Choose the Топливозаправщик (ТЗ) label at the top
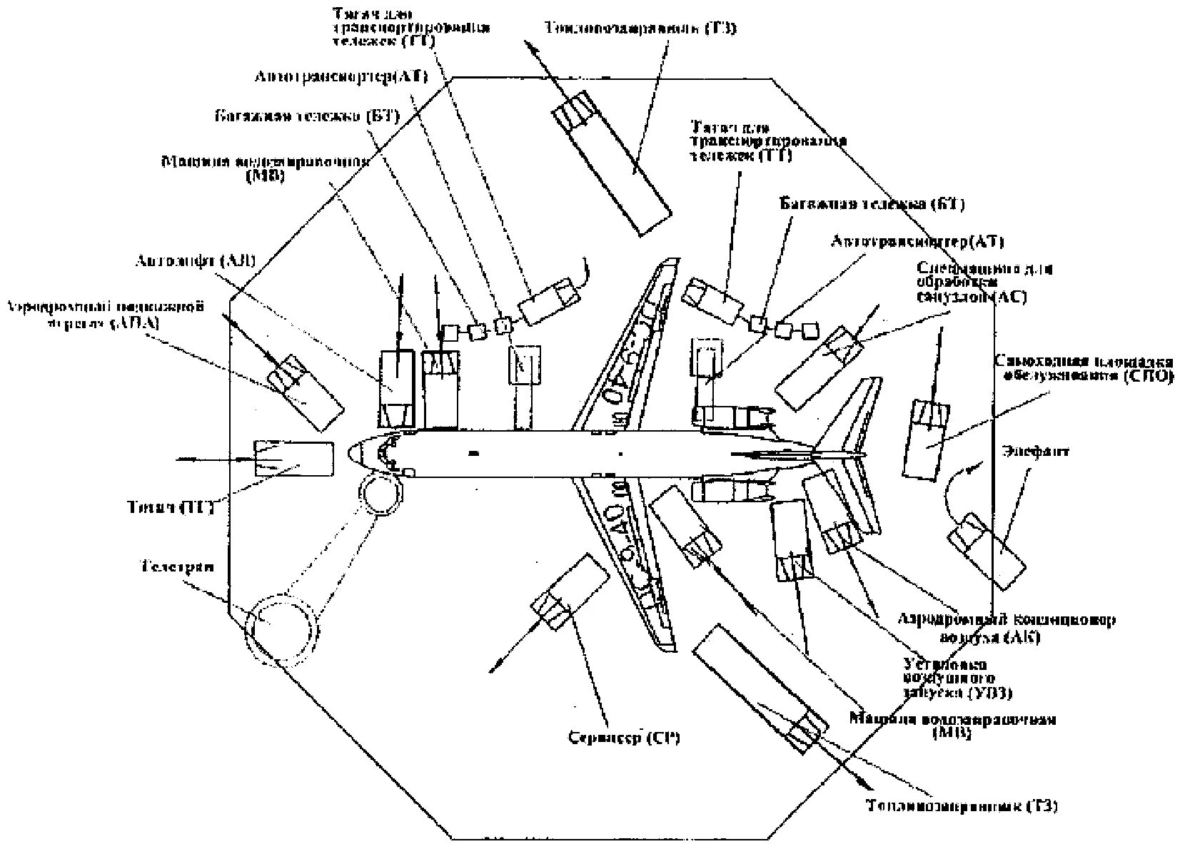click(x=640, y=29)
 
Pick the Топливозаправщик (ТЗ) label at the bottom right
click(x=962, y=806)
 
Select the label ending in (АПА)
click(x=105, y=315)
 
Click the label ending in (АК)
click(x=1004, y=627)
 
